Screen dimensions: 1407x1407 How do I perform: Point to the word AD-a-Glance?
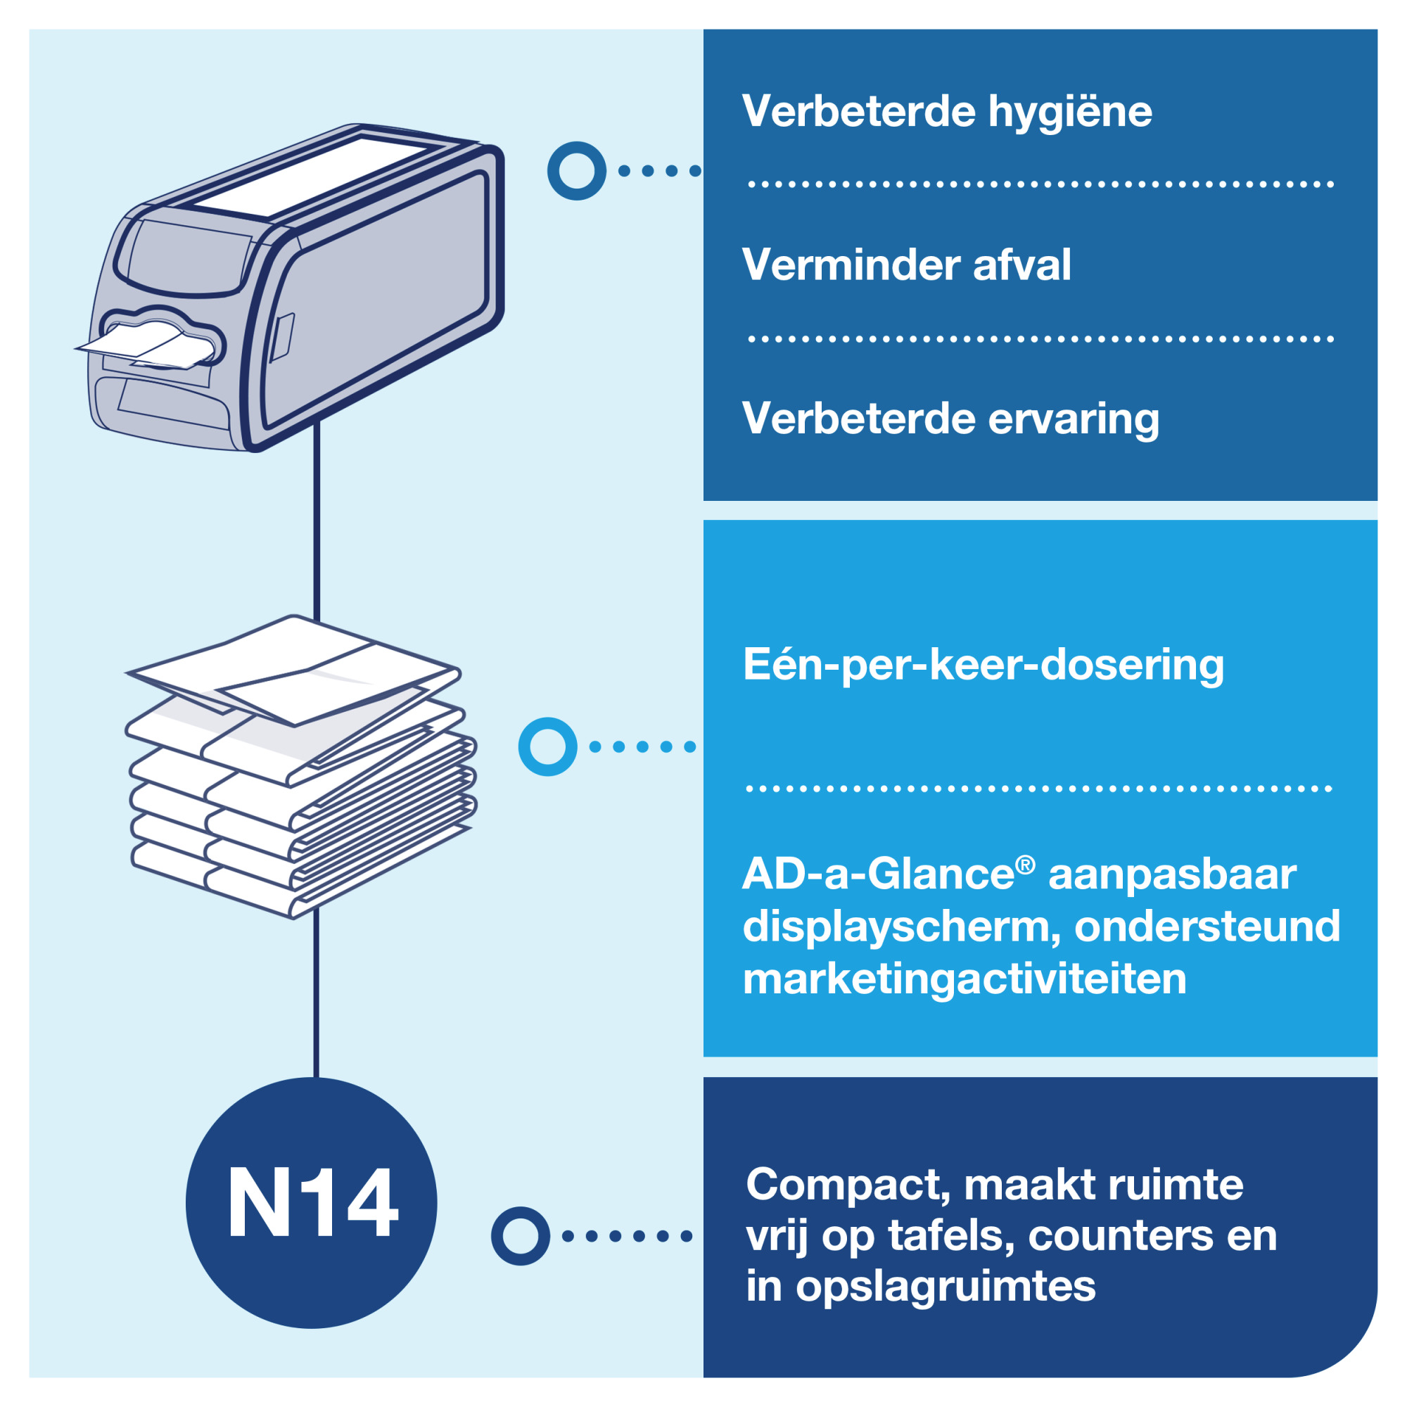tap(877, 874)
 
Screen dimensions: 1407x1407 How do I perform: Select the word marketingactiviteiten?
tap(964, 979)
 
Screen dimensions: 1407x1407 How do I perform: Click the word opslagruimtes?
tap(946, 1286)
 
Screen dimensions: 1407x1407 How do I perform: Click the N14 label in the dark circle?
tap(312, 1202)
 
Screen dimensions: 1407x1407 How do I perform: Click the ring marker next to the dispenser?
tap(576, 171)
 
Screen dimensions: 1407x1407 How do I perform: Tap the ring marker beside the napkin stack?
tap(547, 746)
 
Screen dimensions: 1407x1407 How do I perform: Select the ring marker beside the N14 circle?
tap(520, 1236)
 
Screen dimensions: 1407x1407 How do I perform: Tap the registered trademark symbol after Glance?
tap(1025, 865)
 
